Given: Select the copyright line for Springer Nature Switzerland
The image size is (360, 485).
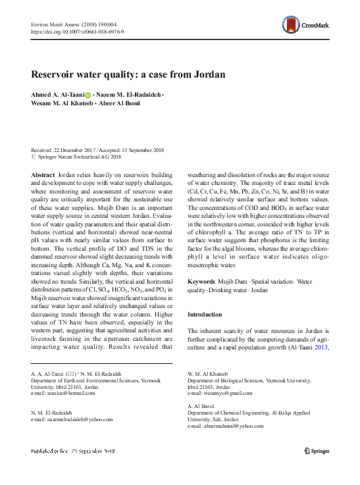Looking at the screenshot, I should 78,157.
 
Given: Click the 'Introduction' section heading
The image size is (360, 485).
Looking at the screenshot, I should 207,314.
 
